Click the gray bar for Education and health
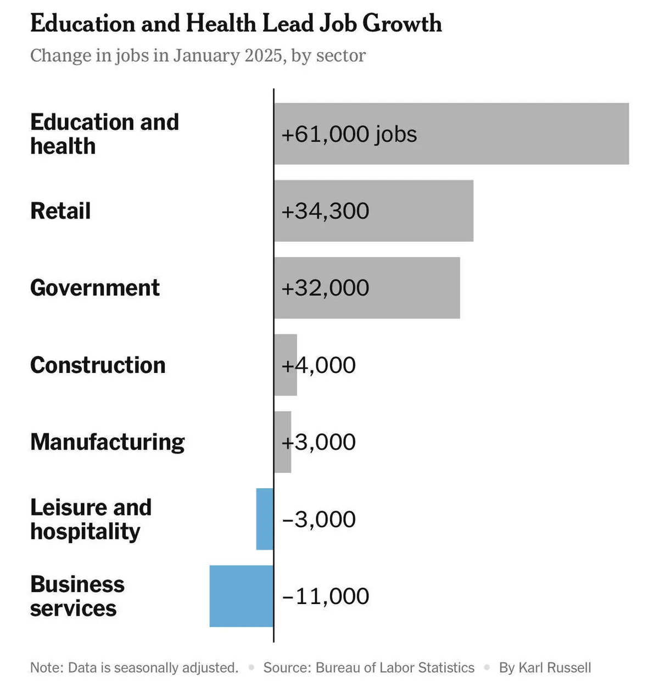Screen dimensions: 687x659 coord(494,133)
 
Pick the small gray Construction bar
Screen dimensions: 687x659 coord(286,365)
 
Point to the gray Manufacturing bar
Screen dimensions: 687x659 coord(282,442)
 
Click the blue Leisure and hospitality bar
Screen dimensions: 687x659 coord(265,519)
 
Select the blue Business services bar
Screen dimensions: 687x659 coord(241,596)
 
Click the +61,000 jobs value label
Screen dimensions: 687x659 coord(349,134)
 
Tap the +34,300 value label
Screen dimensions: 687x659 coord(325,211)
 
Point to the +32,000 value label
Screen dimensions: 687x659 coord(325,288)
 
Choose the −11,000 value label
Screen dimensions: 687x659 coord(326,596)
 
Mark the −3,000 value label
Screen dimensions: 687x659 coord(319,519)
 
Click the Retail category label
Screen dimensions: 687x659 coord(60,211)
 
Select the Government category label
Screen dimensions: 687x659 coord(95,288)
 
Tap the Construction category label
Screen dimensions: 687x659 coord(98,365)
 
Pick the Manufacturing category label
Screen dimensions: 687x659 coord(108,442)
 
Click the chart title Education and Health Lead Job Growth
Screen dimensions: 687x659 coord(236,24)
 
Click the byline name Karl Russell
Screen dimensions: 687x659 coord(555,668)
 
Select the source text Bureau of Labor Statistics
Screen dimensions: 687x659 coord(395,668)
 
